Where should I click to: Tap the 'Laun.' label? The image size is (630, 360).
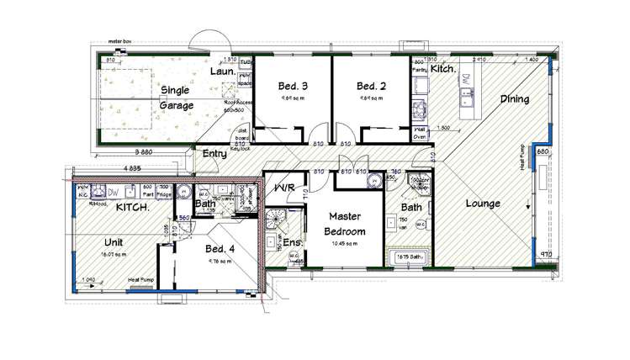[x=221, y=73]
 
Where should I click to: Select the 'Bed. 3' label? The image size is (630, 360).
[x=291, y=85]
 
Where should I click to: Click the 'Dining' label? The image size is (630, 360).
[x=515, y=98]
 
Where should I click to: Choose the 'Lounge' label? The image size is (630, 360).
[x=482, y=203]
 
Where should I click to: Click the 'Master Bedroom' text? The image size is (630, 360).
[x=346, y=224]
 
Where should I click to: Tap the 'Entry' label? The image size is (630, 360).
[x=214, y=154]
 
